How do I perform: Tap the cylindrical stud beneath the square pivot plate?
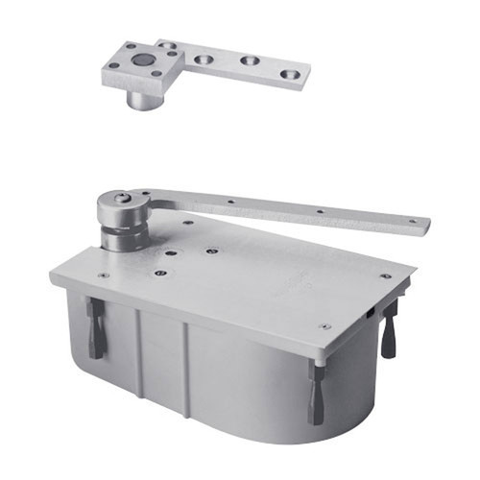[143, 98]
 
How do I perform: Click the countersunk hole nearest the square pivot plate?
[204, 58]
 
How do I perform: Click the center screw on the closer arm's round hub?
[121, 199]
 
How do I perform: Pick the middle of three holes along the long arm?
[320, 210]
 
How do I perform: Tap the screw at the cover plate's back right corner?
[385, 276]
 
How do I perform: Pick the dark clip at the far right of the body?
[389, 328]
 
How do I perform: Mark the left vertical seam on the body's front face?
[140, 341]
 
